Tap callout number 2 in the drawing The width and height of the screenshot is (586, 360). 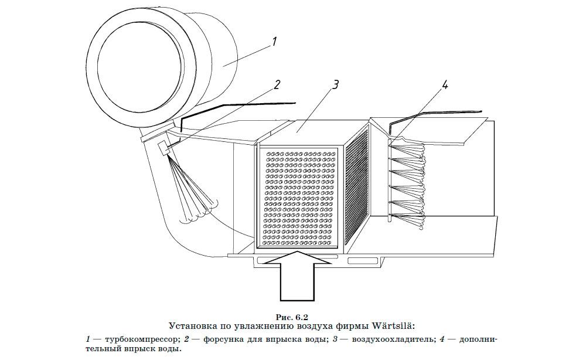point(277,84)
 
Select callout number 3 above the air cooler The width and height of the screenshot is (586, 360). point(335,84)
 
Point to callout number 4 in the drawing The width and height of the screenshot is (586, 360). point(444,85)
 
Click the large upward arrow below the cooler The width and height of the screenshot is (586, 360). point(298,276)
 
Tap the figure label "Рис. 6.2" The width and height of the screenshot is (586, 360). point(292,317)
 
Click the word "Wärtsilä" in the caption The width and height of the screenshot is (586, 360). point(393,325)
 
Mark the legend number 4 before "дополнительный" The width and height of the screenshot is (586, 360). point(442,340)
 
